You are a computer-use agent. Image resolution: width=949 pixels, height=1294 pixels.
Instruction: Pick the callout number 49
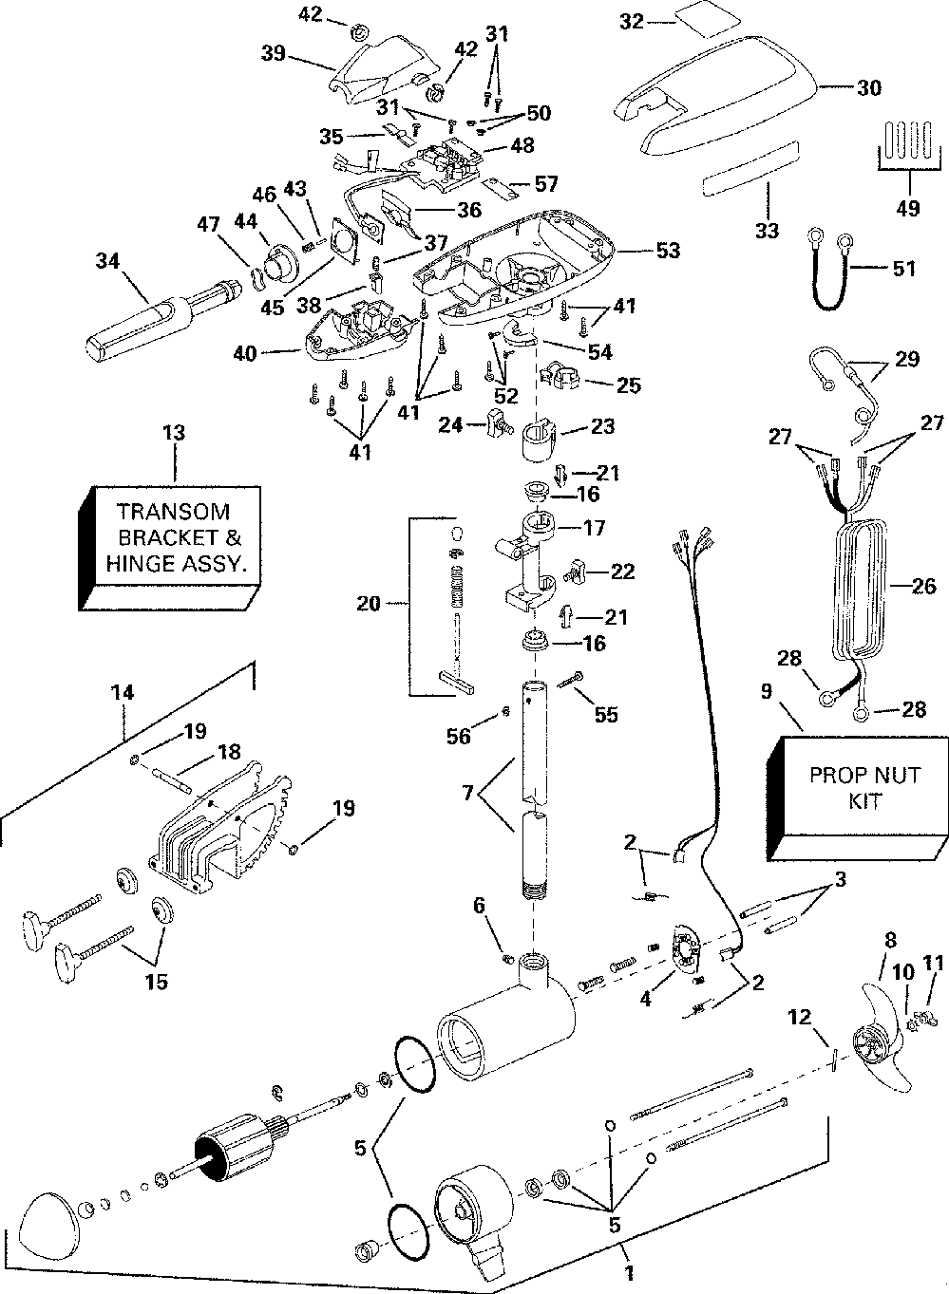click(908, 208)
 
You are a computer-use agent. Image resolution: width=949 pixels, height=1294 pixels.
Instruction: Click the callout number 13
click(175, 434)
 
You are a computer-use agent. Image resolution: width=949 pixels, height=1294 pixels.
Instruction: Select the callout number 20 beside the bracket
click(370, 603)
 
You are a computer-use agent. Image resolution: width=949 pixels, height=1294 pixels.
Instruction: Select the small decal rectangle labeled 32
click(702, 19)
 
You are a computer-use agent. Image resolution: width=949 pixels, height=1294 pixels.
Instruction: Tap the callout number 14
click(123, 694)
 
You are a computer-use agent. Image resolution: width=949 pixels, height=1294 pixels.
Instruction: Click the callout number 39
click(275, 55)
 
